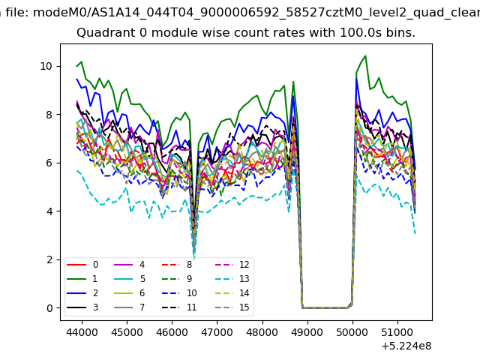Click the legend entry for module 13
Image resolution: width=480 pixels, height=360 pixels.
click(x=232, y=279)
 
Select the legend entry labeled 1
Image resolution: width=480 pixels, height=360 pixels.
click(x=82, y=279)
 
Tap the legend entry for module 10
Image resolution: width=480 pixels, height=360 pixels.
click(x=180, y=293)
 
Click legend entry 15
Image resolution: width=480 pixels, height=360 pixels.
click(x=232, y=307)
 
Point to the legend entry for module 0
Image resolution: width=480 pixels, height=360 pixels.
click(x=82, y=265)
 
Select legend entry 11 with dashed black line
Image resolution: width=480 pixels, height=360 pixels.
click(x=180, y=307)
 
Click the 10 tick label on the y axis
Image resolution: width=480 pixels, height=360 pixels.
click(x=46, y=66)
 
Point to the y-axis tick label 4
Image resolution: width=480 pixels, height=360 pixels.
click(x=49, y=211)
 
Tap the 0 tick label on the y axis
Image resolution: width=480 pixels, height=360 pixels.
click(x=49, y=308)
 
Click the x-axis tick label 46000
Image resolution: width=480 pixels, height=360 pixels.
click(x=172, y=332)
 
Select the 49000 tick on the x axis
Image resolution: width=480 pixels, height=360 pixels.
click(x=307, y=332)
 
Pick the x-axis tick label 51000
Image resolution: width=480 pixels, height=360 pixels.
click(x=397, y=332)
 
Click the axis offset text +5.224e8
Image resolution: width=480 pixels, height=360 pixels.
click(x=406, y=346)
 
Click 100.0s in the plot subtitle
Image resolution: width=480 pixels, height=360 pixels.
click(x=361, y=32)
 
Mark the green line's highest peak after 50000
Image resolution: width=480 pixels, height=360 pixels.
click(x=365, y=56)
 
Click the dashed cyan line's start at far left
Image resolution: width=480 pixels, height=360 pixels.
click(x=76, y=170)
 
